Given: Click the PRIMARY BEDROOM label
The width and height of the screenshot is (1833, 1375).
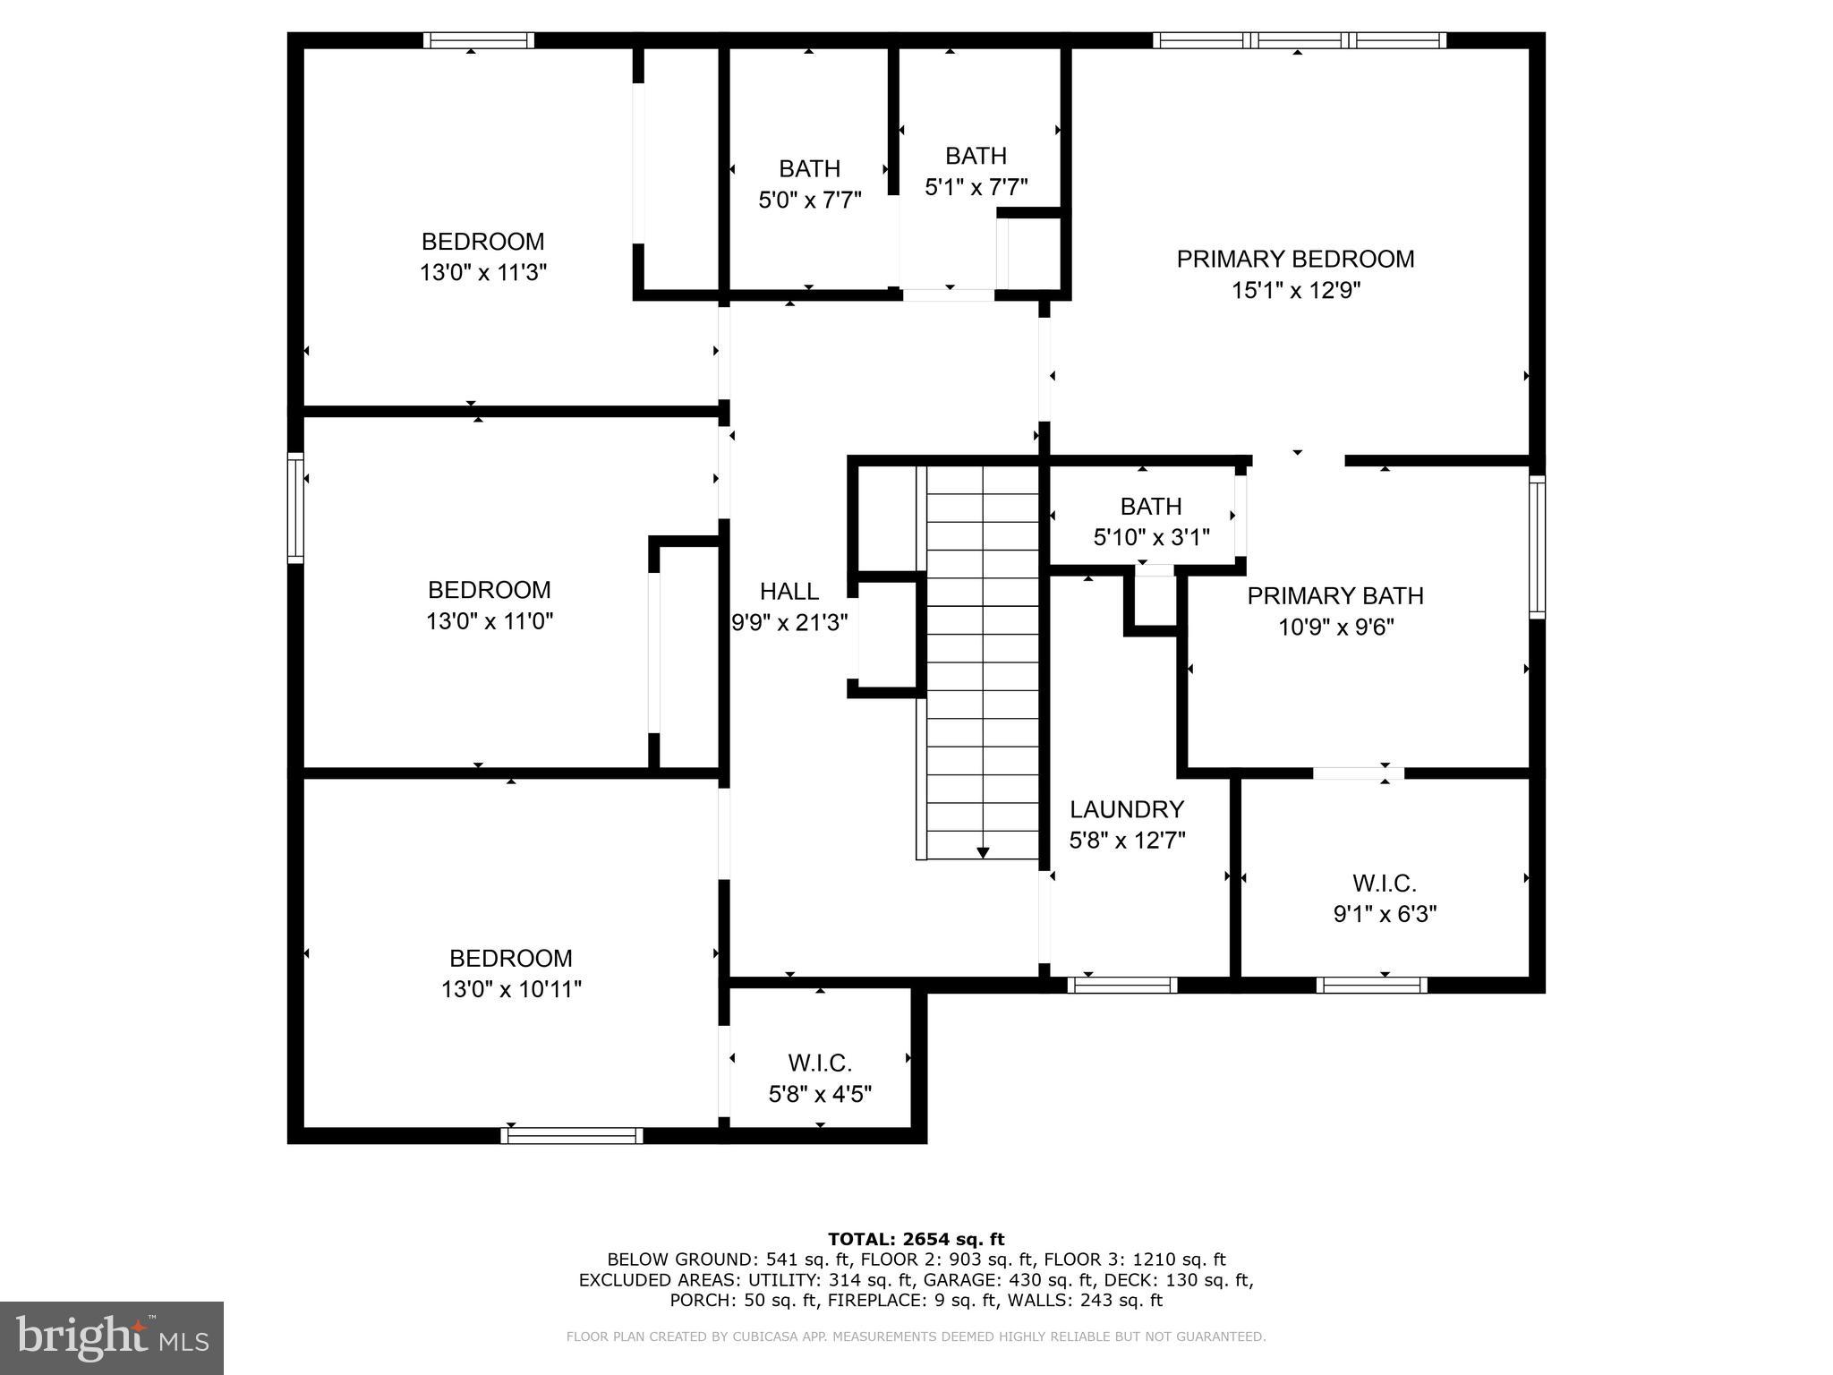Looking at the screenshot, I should tap(1295, 260).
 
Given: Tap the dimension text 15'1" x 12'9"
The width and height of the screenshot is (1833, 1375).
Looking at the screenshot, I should tap(1295, 291).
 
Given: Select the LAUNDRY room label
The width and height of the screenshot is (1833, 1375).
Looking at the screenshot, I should tap(1127, 809).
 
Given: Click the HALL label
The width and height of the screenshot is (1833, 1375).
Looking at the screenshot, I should tap(789, 591).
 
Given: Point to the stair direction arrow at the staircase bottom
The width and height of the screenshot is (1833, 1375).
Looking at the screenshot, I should tap(983, 852).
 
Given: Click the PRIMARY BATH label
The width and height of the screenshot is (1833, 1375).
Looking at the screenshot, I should tap(1335, 596).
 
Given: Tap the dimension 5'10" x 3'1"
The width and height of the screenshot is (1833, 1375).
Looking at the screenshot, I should tap(1151, 538).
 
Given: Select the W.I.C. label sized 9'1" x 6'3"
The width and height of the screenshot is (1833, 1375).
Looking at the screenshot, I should tap(1384, 884).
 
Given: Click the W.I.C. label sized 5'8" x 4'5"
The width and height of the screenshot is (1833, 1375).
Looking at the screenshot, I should tap(820, 1063).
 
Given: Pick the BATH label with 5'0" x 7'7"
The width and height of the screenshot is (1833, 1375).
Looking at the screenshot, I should tap(809, 169).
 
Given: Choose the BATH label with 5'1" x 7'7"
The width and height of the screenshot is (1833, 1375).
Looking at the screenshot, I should tap(976, 156).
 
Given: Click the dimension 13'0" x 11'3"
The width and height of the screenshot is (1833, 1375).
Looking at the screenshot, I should tap(483, 273).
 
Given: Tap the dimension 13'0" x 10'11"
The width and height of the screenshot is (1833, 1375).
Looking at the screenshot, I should tap(511, 990).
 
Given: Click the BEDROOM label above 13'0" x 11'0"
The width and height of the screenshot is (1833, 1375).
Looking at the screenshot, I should tap(489, 590).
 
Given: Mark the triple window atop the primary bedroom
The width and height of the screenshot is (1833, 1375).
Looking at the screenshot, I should tap(1299, 40).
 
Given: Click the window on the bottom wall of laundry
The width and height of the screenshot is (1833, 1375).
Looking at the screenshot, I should tap(1122, 985).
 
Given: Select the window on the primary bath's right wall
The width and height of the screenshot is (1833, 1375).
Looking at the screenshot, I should tap(1537, 546).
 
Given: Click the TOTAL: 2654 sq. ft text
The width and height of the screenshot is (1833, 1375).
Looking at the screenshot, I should tap(916, 1239).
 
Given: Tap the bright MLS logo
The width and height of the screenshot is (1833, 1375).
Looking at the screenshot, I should tap(111, 1337).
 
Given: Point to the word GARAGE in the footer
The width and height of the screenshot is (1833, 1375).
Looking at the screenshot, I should tap(955, 1280).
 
